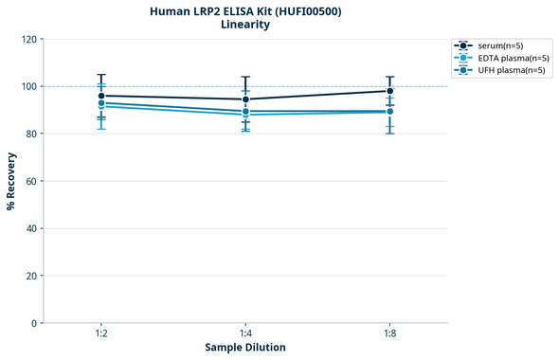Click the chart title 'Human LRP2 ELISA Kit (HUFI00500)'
click(245, 10)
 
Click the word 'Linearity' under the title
click(245, 25)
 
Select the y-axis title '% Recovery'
click(11, 181)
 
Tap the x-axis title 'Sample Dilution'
click(245, 348)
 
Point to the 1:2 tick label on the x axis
click(101, 333)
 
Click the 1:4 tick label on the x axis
click(245, 333)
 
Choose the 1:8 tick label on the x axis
click(389, 333)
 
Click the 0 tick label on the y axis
click(33, 323)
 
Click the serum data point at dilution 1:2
click(101, 96)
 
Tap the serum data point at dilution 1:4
click(245, 99)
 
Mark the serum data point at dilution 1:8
click(389, 91)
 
